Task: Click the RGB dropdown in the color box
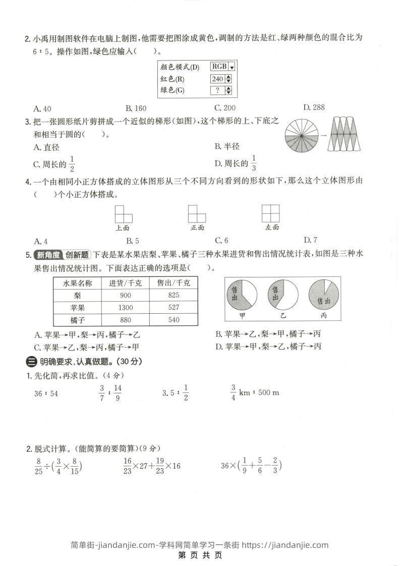(x=222, y=67)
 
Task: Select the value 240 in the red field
(x=218, y=79)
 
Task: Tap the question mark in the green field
(x=218, y=90)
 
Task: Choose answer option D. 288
(x=314, y=107)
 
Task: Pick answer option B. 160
(x=136, y=107)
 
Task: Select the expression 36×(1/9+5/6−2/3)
(x=251, y=466)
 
